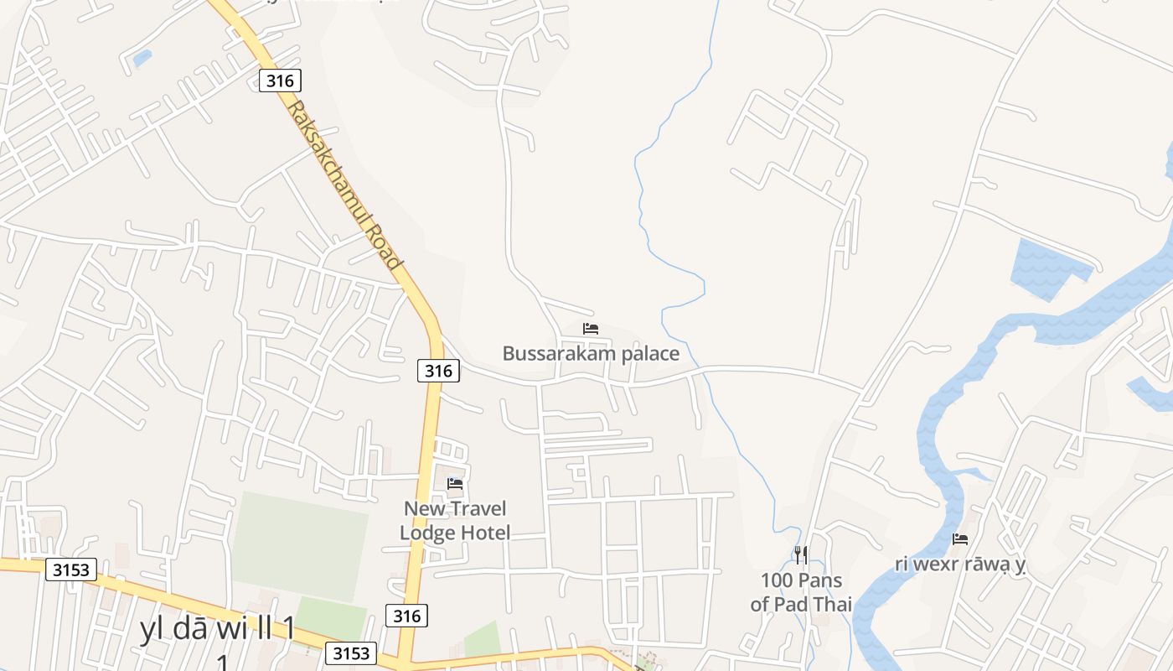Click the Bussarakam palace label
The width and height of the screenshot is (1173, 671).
pyautogui.click(x=591, y=353)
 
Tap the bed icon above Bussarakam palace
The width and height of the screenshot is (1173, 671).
pyautogui.click(x=591, y=329)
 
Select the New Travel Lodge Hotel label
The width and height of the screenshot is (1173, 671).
pyautogui.click(x=455, y=520)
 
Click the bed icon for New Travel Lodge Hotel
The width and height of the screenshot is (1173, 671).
pyautogui.click(x=455, y=484)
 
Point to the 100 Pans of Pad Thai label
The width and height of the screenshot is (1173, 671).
pyautogui.click(x=801, y=592)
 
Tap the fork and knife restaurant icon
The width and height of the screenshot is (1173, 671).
pyautogui.click(x=801, y=554)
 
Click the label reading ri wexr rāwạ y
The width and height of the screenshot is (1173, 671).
pyautogui.click(x=960, y=564)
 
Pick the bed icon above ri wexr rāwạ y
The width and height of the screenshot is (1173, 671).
pyautogui.click(x=960, y=539)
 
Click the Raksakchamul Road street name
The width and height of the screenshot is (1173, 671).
pyautogui.click(x=344, y=185)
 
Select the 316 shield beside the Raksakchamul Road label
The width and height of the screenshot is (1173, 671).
pyautogui.click(x=280, y=81)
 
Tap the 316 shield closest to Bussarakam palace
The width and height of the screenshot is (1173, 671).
pyautogui.click(x=438, y=370)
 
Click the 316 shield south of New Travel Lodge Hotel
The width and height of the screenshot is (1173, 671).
pyautogui.click(x=407, y=616)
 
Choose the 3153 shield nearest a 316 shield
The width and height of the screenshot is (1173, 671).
pyautogui.click(x=351, y=653)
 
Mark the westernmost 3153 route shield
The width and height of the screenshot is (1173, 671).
pyautogui.click(x=71, y=570)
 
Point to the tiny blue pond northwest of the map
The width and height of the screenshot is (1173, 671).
pyautogui.click(x=142, y=58)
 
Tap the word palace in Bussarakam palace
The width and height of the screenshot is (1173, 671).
pyautogui.click(x=644, y=353)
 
